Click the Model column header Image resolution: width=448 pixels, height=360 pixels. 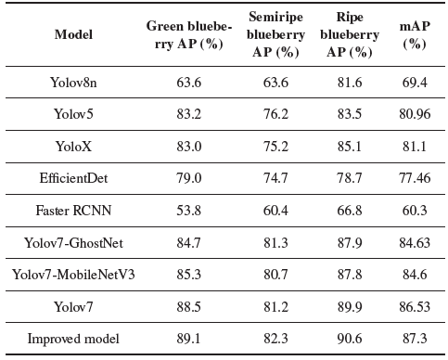73,34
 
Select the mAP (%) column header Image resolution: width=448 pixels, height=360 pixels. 415,34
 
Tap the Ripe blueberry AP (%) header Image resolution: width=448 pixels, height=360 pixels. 350,34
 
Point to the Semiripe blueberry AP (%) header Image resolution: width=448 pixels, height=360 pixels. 275,34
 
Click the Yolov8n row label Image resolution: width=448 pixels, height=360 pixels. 73,83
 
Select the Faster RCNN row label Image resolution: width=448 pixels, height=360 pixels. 73,211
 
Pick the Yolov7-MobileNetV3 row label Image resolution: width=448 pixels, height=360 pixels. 73,275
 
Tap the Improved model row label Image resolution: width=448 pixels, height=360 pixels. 73,339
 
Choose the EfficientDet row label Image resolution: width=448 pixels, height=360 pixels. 73,178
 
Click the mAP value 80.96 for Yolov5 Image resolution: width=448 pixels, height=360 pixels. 415,114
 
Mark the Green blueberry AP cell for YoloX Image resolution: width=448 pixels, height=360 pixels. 189,147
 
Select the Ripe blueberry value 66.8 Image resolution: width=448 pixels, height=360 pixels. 350,211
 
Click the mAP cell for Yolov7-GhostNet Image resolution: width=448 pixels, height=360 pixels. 415,243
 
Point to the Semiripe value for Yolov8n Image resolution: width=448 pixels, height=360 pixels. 275,83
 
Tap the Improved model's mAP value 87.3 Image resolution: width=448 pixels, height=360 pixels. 415,339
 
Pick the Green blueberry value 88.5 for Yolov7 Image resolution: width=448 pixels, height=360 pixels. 189,307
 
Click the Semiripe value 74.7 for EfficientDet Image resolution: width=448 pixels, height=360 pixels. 275,178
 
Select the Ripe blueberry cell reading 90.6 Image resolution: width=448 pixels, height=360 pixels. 350,339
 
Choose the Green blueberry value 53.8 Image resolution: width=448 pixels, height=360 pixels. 189,211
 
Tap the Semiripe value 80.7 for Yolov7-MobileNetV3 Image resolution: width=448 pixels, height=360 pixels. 275,275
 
